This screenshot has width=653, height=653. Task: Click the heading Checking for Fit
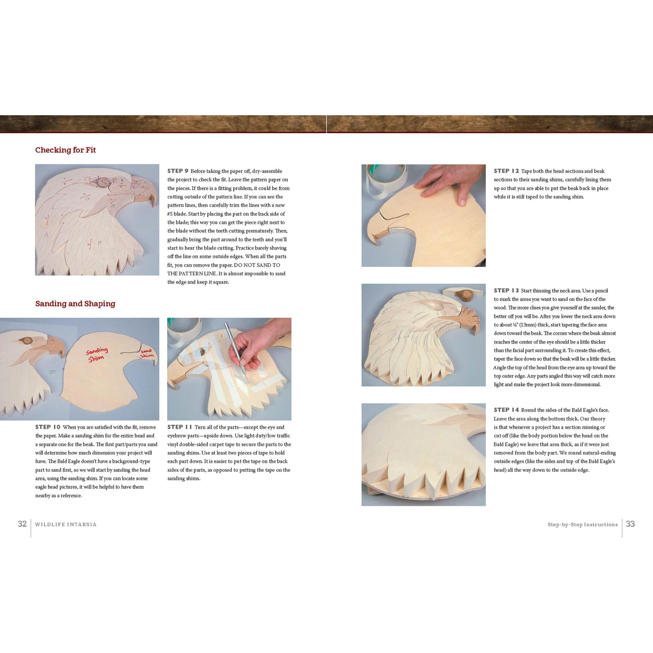(x=66, y=150)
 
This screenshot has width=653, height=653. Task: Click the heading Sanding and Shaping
(x=75, y=304)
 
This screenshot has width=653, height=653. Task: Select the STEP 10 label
(x=48, y=427)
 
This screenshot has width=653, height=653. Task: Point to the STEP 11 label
(x=180, y=427)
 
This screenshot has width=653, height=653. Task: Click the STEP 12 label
(x=506, y=171)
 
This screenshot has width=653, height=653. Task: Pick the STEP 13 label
(x=506, y=290)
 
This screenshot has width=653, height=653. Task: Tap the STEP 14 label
(x=506, y=410)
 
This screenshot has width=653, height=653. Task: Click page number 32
(x=22, y=524)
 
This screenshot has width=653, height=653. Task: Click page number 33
(x=631, y=524)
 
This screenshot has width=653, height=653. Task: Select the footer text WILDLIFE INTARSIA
(x=66, y=525)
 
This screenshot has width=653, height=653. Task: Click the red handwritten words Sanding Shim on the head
(x=97, y=354)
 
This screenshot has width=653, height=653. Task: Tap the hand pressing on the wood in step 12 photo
(x=443, y=189)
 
